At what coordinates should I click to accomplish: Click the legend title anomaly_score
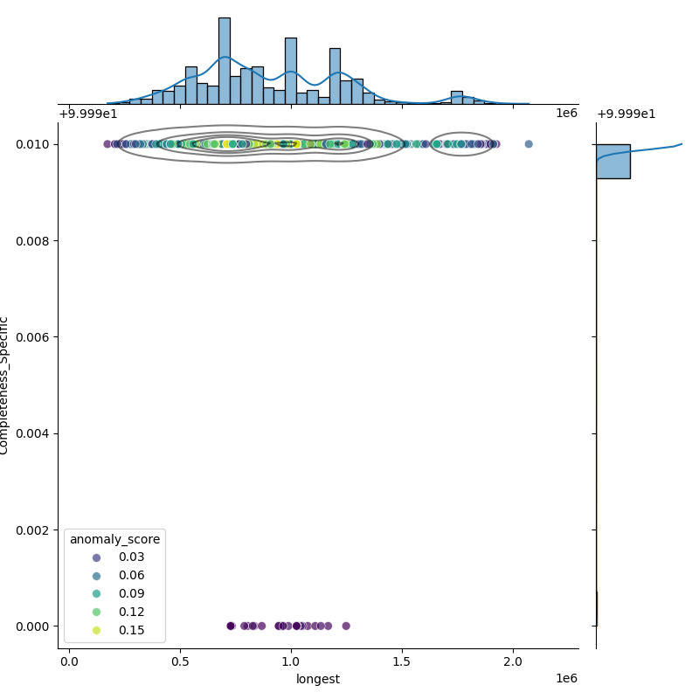point(114,539)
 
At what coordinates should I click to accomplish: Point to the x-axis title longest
point(318,679)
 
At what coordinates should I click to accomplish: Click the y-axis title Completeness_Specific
point(5,385)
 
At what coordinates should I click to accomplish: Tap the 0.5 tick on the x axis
point(180,661)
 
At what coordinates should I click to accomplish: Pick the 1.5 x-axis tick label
point(402,661)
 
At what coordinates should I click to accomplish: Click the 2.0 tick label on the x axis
point(513,661)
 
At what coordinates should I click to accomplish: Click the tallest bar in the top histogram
point(225,61)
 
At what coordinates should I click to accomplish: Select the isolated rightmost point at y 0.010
point(529,144)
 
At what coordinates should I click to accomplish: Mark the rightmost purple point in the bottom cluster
point(346,626)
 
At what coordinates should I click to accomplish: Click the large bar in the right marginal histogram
point(612,162)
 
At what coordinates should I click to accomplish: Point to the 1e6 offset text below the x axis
point(566,679)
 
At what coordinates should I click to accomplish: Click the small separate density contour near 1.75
point(462,144)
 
